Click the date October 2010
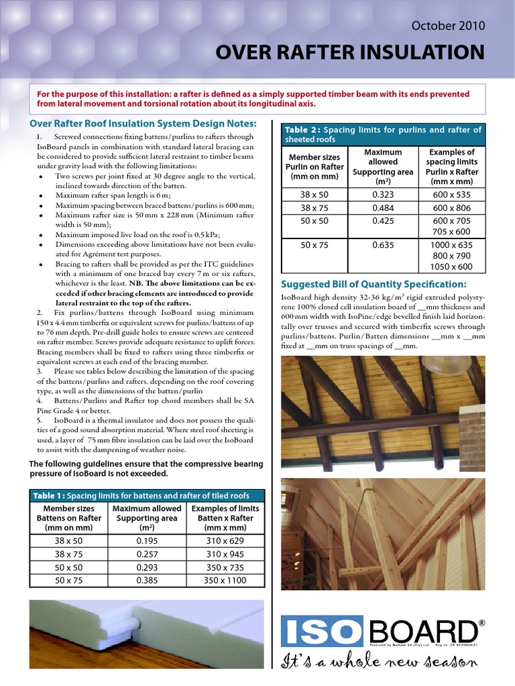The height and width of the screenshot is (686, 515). (448, 25)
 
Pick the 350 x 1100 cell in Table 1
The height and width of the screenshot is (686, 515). (225, 580)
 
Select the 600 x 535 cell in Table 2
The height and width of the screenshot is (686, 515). (452, 195)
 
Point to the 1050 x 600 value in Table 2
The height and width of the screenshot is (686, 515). (452, 267)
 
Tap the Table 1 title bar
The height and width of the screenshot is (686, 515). (148, 496)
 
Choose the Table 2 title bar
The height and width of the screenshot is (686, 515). (383, 135)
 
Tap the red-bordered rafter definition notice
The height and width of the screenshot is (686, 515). (257, 99)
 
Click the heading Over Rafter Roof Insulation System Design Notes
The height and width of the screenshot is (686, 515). (144, 124)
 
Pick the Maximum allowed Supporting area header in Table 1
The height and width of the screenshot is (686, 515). (148, 519)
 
